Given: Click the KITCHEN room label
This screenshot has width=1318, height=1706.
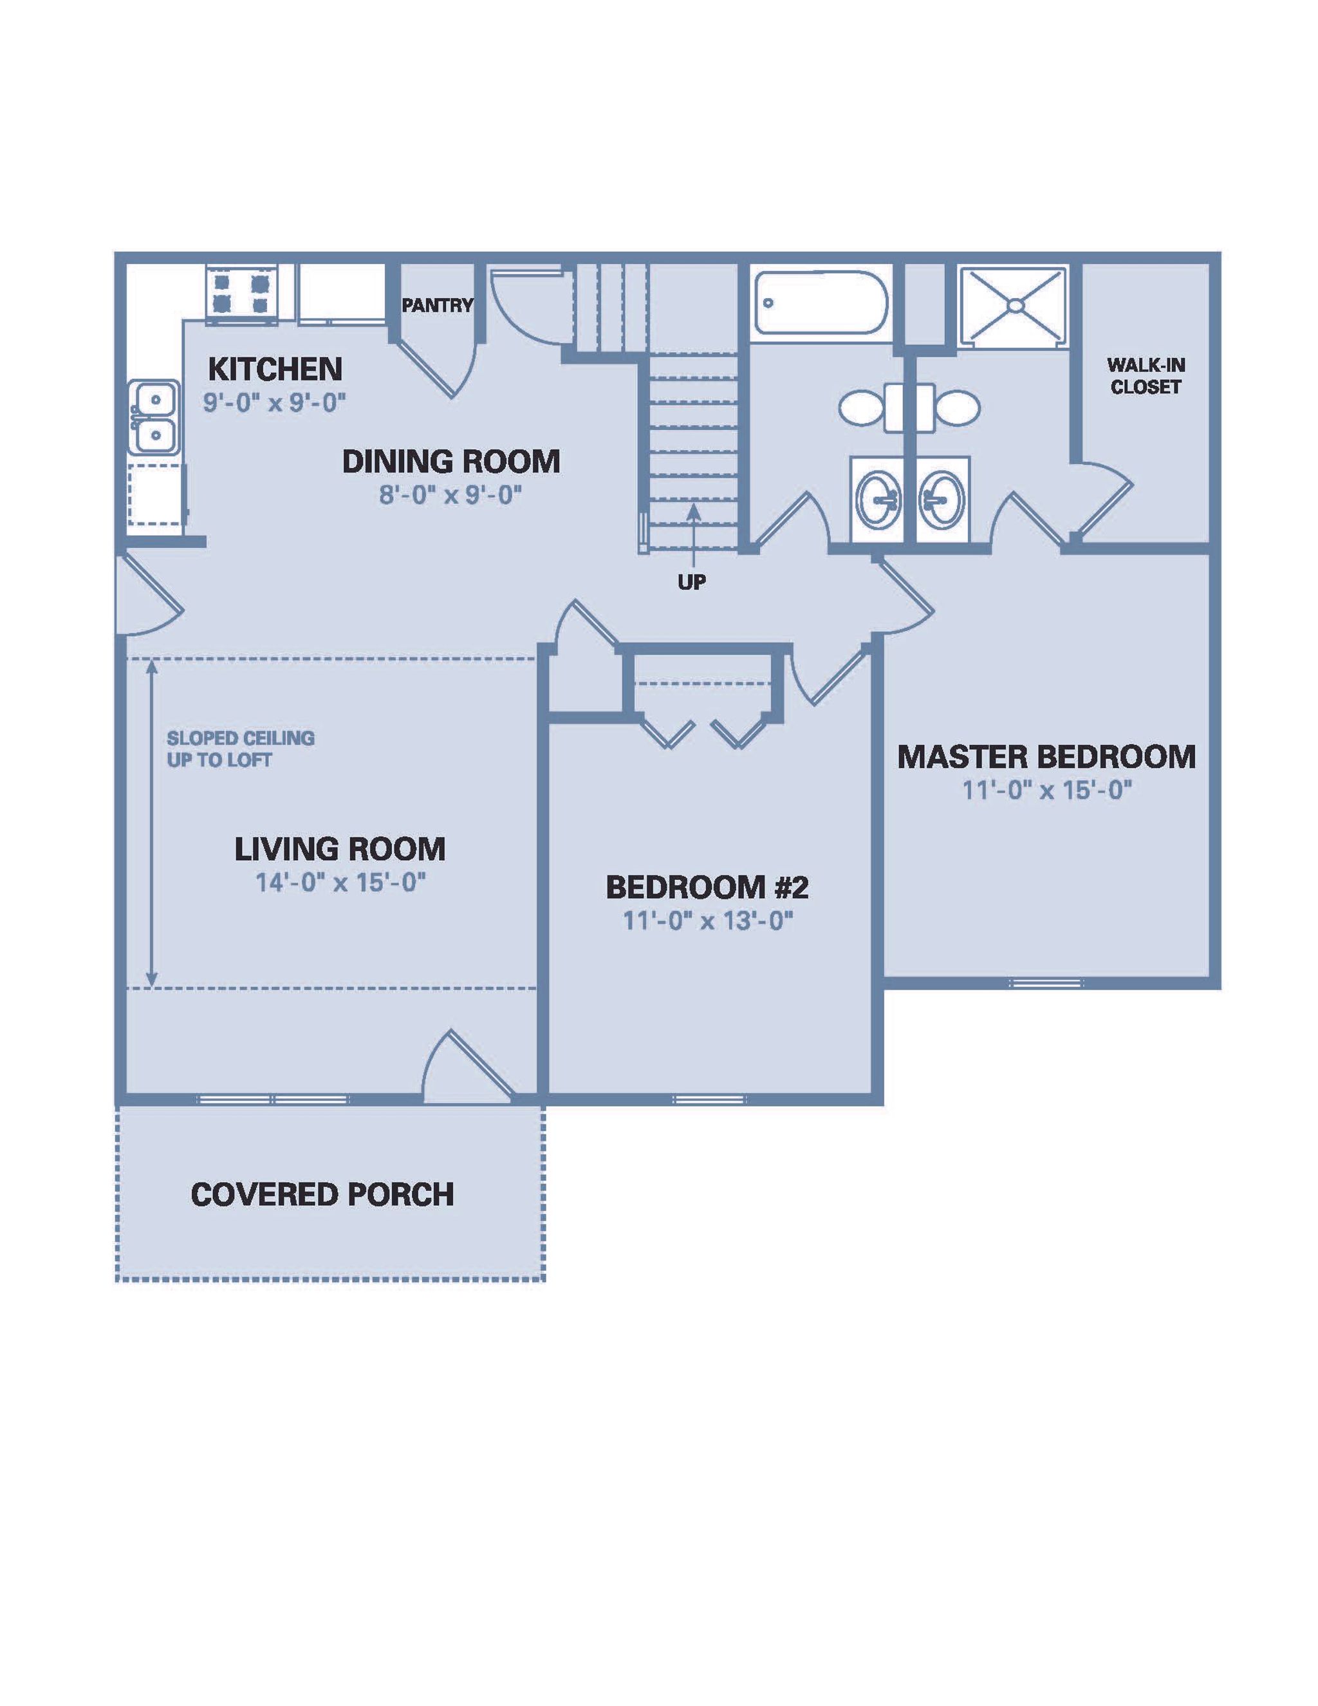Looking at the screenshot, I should pos(275,368).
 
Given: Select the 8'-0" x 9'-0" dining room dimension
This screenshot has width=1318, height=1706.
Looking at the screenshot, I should pos(450,494).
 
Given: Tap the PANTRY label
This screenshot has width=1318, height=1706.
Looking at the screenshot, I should pos(437,305).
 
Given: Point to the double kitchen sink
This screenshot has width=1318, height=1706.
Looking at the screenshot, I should pos(154,417).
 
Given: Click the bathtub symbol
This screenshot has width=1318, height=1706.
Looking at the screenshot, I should pos(821,303).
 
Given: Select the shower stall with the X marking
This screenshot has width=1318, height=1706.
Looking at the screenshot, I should pos(1012,305).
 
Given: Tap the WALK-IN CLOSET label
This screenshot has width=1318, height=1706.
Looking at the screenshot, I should pos(1145,376).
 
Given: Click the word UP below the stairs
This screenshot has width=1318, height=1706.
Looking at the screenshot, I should pos(692,582).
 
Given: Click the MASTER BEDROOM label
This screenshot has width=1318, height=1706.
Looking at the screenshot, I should pos(1046,757).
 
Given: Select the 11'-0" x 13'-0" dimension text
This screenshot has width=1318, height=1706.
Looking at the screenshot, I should pos(707,921).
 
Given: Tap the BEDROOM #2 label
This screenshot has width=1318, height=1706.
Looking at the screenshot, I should pos(707,886).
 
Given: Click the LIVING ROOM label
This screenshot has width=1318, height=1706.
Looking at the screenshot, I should pos(340,849).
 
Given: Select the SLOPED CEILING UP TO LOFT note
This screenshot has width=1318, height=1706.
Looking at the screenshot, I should pos(241,748).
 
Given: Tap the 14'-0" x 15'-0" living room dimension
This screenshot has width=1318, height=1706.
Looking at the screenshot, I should pos(340,883).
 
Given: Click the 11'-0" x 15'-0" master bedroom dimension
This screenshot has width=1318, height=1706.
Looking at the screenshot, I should pos(1046,791).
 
